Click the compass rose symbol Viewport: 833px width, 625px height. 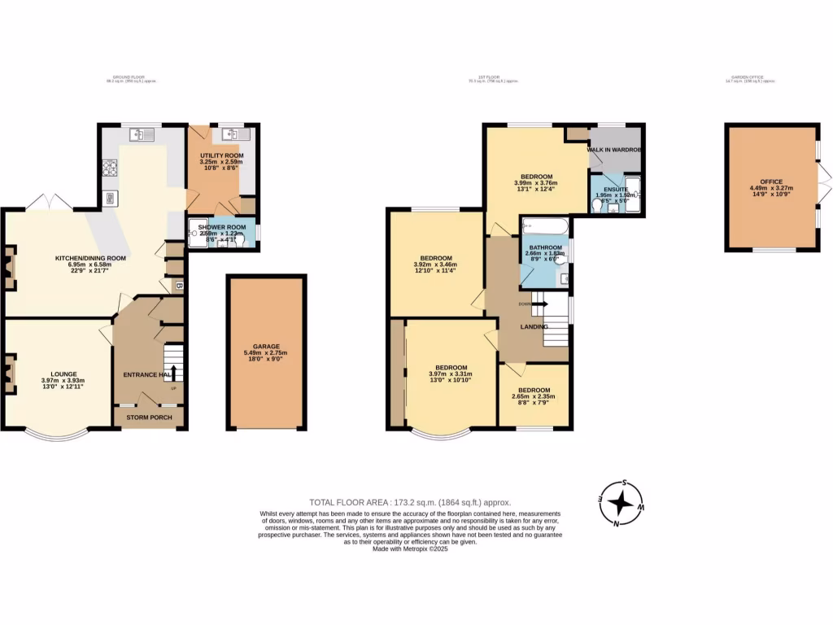coord(621,504)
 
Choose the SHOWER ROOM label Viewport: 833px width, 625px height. coord(222,227)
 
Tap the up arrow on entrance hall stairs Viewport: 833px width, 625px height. coord(172,374)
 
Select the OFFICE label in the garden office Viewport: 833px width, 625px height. coord(771,183)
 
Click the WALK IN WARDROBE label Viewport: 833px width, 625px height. coord(616,151)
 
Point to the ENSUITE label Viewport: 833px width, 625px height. coord(616,189)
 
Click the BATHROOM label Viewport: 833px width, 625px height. coord(545,247)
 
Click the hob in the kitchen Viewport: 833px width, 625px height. coord(108,168)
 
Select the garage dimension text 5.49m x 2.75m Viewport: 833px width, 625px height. coord(266,352)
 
